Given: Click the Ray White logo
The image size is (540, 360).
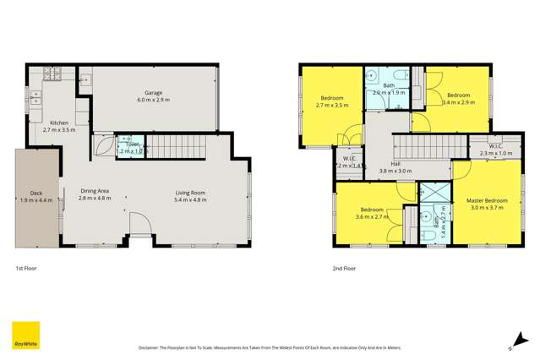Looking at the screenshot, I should point(23,335).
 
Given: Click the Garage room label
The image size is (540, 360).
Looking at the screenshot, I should point(152,93).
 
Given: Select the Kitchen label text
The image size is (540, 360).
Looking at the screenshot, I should point(59,123).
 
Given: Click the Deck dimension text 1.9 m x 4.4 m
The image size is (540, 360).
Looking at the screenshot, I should point(37,200).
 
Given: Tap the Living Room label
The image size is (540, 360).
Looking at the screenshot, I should point(191,193).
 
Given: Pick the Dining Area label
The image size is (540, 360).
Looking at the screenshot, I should point(94,193).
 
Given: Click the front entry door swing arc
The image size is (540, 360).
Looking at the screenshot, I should point(140,227).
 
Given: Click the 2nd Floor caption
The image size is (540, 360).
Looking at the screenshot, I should point(344,268).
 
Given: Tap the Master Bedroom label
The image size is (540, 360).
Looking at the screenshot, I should point(487,200).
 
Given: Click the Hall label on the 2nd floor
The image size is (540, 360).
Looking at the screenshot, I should point(395,164).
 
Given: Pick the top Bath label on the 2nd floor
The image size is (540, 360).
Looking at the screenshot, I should point(389,85).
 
